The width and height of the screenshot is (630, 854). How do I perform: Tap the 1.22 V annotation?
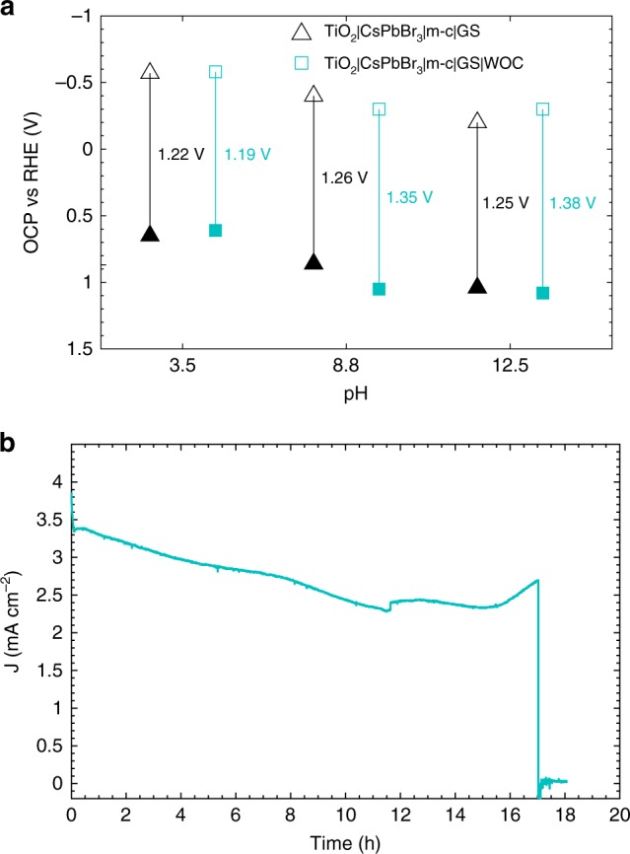[181, 155]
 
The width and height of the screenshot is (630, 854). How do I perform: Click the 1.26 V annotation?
[345, 178]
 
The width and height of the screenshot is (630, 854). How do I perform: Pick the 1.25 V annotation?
[506, 203]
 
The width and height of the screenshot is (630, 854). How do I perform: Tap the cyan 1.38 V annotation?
[573, 203]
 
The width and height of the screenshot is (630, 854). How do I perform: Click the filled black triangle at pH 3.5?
[150, 234]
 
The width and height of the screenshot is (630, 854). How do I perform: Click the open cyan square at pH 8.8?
[379, 108]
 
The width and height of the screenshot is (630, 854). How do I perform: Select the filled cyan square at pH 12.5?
[542, 293]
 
